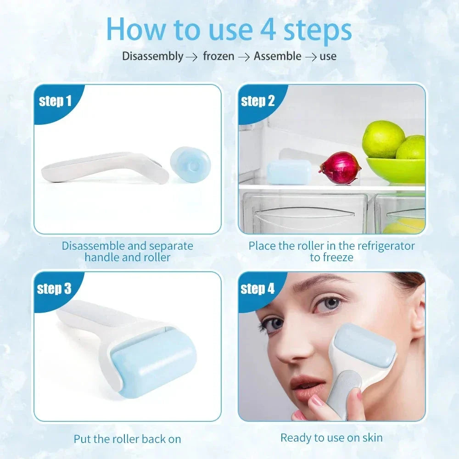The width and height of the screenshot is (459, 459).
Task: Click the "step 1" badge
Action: pyautogui.click(x=55, y=101)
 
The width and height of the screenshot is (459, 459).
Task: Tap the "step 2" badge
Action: pyautogui.click(x=257, y=101)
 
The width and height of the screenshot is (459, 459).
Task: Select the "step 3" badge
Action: pyautogui.click(x=54, y=289)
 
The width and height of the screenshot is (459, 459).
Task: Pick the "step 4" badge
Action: pyautogui.click(x=257, y=289)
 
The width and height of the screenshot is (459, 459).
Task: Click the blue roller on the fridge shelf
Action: pyautogui.click(x=289, y=172)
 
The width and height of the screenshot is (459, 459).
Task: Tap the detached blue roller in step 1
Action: pyautogui.click(x=190, y=164)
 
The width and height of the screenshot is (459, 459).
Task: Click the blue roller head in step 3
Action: pyautogui.click(x=154, y=360)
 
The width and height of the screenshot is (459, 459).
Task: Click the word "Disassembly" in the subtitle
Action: pyautogui.click(x=152, y=56)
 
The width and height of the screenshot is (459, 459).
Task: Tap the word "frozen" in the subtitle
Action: pyautogui.click(x=218, y=56)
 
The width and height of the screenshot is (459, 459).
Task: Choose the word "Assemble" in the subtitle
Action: pyautogui.click(x=278, y=56)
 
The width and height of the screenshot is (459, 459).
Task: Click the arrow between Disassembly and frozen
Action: pyautogui.click(x=191, y=57)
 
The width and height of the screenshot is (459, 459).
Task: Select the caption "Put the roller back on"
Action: pyautogui.click(x=127, y=439)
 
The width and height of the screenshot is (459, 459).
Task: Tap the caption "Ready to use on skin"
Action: pyautogui.click(x=331, y=437)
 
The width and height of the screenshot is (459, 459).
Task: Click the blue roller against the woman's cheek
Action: pyautogui.click(x=365, y=347)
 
